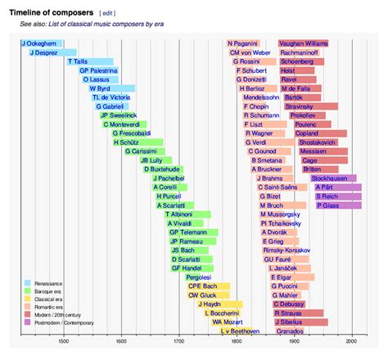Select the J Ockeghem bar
coord(41,43)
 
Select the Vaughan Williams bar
coord(304,43)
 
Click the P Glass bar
coord(338,205)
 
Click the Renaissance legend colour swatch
coord(28,283)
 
